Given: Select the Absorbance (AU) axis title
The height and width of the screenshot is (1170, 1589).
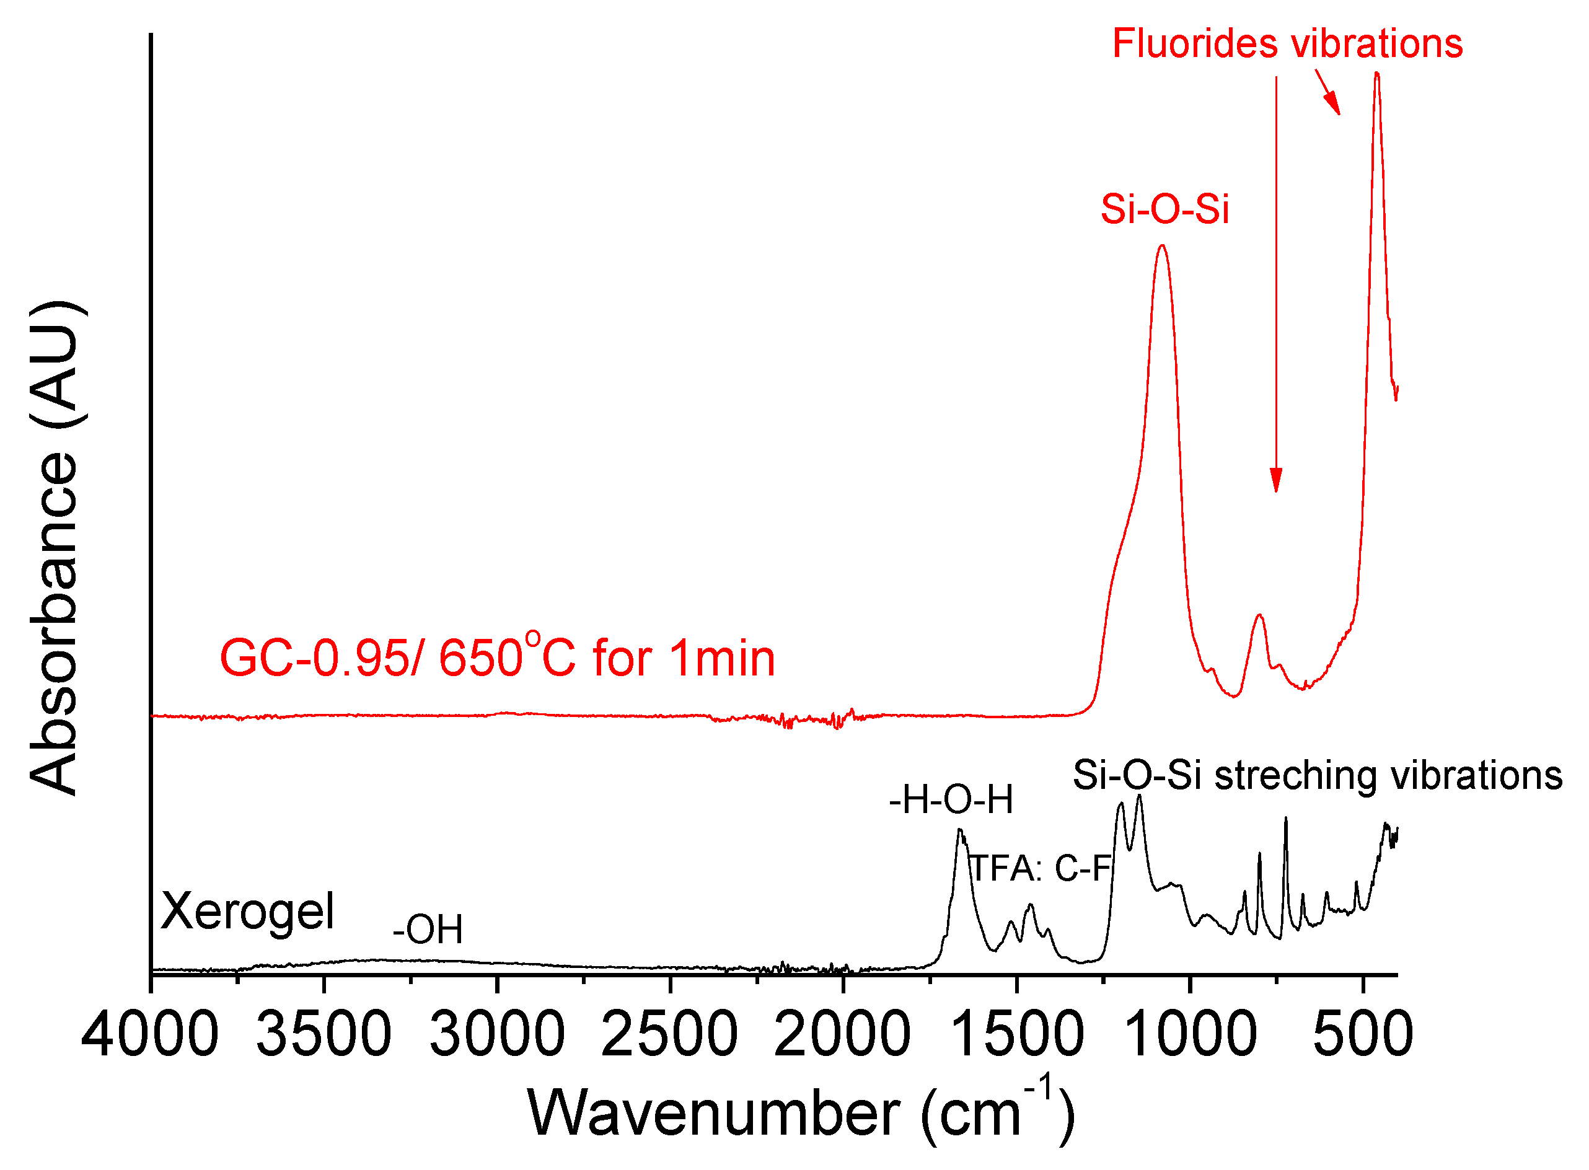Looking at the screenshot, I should point(54,549).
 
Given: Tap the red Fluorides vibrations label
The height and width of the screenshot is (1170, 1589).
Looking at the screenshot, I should point(1287,44).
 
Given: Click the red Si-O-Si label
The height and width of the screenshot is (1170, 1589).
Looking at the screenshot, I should point(1165,209).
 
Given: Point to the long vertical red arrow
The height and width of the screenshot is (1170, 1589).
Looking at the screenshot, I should point(1276,283).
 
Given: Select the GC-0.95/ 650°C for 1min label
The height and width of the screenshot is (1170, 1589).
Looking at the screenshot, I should point(497,659).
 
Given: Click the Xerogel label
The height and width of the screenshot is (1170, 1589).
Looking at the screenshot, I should point(247,912).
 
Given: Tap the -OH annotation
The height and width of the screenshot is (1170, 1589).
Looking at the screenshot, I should point(428,930).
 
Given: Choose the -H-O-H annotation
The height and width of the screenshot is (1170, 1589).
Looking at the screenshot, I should point(951,800).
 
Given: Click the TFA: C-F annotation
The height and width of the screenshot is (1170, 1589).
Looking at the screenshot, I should point(1039,869).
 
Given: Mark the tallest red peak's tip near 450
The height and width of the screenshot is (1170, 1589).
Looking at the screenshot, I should point(1376,73).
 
